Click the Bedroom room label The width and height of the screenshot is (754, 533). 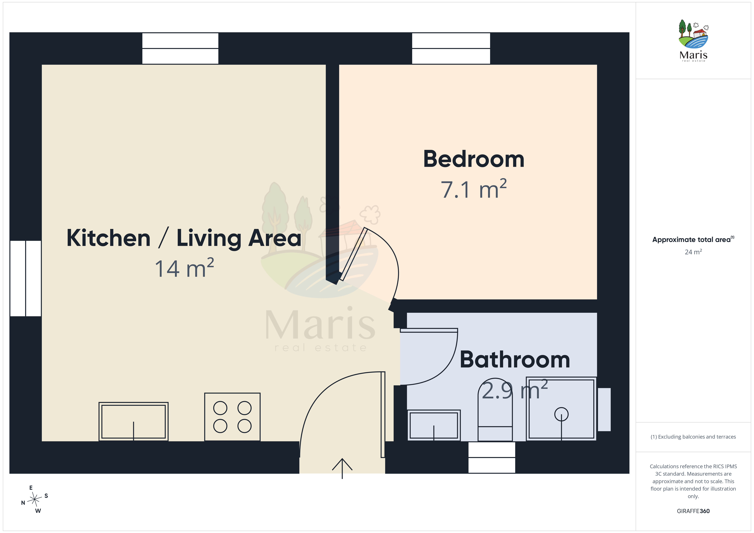[x=474, y=159]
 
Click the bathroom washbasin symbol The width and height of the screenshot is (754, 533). [x=434, y=425]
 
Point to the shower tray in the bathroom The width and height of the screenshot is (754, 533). [x=561, y=409]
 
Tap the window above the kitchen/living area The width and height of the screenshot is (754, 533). [x=180, y=48]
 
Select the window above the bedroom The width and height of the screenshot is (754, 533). [x=451, y=48]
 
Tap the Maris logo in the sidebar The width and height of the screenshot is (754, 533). [x=693, y=40]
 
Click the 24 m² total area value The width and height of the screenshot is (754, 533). [x=693, y=252]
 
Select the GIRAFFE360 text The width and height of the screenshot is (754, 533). [x=693, y=511]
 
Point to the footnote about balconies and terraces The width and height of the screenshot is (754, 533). [x=693, y=437]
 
